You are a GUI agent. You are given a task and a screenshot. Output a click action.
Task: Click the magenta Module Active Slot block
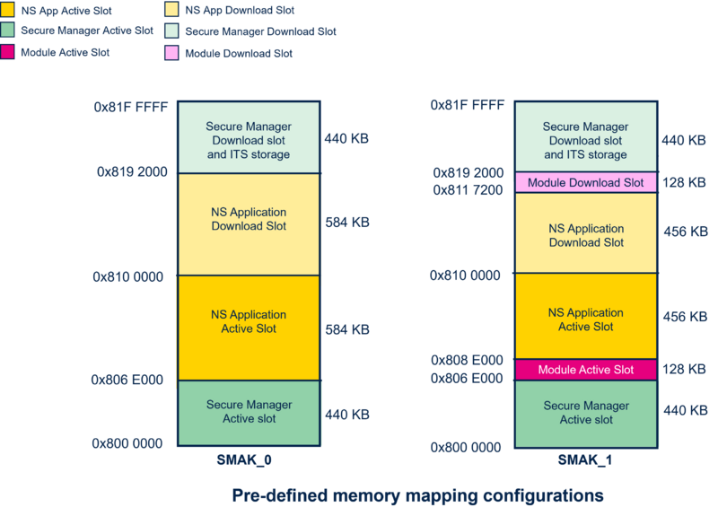586,370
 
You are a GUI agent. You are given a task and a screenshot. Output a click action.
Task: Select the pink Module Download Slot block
586,182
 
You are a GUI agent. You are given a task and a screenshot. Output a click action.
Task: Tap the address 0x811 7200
468,189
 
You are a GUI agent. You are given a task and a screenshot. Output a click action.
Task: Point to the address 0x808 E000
467,361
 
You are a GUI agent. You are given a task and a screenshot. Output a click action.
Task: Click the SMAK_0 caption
244,459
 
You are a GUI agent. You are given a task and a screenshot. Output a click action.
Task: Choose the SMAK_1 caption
585,459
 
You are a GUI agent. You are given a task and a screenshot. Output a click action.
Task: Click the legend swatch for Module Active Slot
7,52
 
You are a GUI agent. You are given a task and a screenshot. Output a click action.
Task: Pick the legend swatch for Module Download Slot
171,53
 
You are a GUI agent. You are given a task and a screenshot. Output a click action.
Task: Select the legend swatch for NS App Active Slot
7,10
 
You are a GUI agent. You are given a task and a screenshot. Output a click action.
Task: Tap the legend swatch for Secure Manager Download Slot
171,31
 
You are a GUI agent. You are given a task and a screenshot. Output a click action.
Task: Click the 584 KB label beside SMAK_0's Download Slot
347,223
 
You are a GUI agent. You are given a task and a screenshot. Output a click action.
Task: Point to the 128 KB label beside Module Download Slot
684,182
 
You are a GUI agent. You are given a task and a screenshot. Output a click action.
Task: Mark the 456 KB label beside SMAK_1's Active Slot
686,317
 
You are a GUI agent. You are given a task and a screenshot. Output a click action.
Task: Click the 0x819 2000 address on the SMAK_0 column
132,171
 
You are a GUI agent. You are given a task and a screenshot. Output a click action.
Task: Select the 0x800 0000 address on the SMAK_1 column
466,447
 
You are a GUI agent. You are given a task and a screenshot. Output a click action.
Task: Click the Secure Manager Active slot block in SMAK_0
250,413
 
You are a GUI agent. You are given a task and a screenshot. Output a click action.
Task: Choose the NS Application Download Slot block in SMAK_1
586,233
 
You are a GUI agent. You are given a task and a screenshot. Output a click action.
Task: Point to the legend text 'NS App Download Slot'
240,10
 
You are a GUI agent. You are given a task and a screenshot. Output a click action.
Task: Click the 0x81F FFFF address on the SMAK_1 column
467,105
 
